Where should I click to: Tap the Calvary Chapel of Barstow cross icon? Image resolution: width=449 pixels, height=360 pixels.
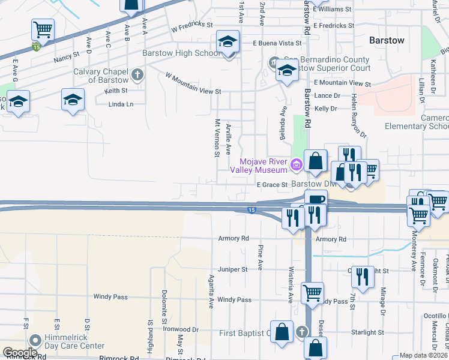(x=137, y=75)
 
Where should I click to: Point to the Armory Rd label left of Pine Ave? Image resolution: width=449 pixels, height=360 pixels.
(x=233, y=238)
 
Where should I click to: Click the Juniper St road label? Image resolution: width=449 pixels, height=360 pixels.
(x=233, y=269)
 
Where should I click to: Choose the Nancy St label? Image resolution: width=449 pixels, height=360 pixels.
(x=67, y=56)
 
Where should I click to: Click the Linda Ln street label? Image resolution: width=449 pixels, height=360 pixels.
(x=120, y=105)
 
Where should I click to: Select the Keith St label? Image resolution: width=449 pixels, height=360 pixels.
(x=116, y=91)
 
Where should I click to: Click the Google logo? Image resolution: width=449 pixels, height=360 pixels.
(x=19, y=353)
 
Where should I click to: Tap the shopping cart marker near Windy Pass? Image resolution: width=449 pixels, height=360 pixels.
(x=312, y=293)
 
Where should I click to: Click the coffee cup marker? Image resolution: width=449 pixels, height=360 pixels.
(x=316, y=200)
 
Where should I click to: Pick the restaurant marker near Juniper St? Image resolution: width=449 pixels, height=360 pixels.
(x=362, y=276)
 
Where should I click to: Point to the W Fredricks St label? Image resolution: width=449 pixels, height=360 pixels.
(x=192, y=27)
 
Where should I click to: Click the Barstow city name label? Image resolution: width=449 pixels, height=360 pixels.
(x=386, y=40)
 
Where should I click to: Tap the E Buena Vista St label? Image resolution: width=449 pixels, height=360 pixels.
(x=277, y=43)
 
